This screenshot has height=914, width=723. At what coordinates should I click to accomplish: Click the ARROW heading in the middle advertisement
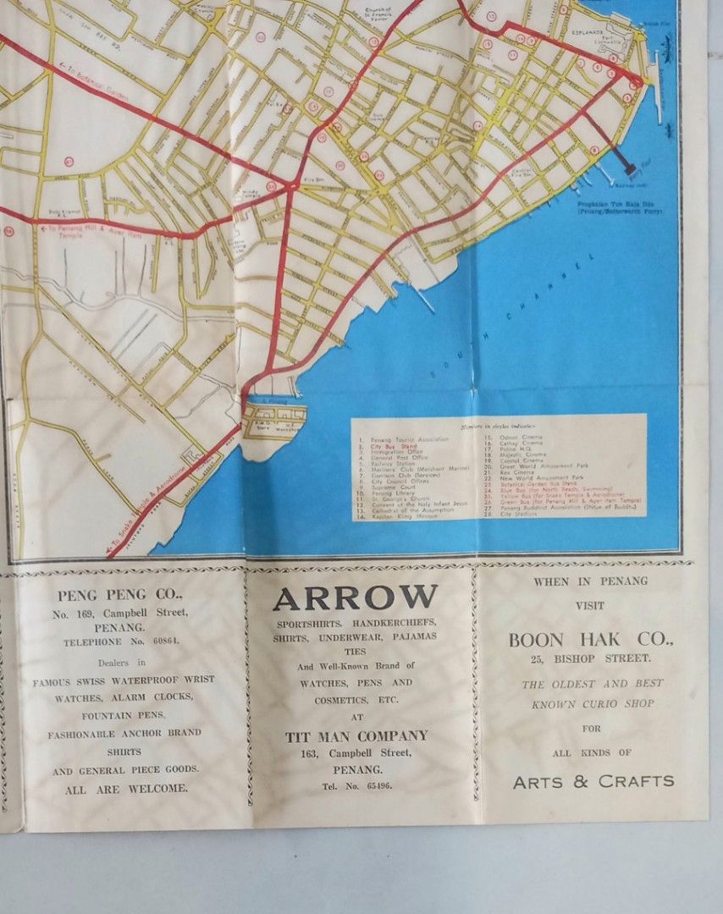tap(355, 598)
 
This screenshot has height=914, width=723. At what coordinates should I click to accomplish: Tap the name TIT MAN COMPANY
tap(356, 736)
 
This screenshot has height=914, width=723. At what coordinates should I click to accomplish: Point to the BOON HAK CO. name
tap(590, 641)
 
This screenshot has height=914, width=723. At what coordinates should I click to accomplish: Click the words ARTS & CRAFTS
tap(593, 781)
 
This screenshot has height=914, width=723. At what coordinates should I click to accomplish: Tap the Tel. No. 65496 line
tap(356, 785)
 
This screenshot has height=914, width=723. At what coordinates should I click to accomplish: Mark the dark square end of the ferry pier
tap(630, 169)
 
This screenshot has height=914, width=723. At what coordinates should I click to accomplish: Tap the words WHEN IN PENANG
tap(590, 581)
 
